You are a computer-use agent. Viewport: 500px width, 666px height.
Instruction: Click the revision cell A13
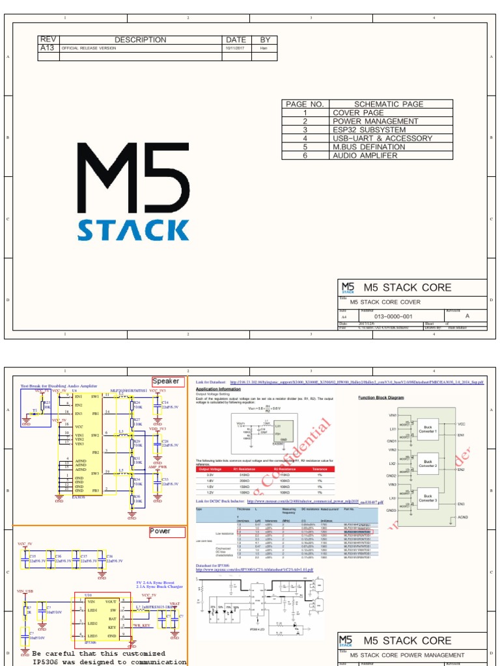[48, 48]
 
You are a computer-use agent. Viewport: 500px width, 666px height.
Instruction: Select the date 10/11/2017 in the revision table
[235, 48]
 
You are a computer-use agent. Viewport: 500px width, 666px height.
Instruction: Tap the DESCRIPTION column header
[141, 40]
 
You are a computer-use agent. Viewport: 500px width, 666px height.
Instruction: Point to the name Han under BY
[264, 48]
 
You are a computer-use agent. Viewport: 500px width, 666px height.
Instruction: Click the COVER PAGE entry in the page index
[358, 113]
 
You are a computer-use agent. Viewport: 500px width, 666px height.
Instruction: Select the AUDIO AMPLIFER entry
[365, 155]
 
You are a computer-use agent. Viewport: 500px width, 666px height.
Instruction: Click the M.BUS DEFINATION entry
[368, 147]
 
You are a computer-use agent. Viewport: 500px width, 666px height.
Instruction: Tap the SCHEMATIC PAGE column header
[389, 104]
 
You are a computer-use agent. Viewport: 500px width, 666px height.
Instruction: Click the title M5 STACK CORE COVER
[385, 302]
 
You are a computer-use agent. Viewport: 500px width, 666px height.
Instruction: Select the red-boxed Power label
[160, 531]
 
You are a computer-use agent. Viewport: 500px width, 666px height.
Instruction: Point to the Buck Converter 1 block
[428, 430]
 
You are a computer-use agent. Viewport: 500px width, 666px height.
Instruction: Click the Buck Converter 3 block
[428, 498]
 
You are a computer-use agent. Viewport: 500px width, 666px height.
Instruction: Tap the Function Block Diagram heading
[381, 397]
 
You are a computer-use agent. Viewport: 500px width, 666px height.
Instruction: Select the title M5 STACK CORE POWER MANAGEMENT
[407, 655]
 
